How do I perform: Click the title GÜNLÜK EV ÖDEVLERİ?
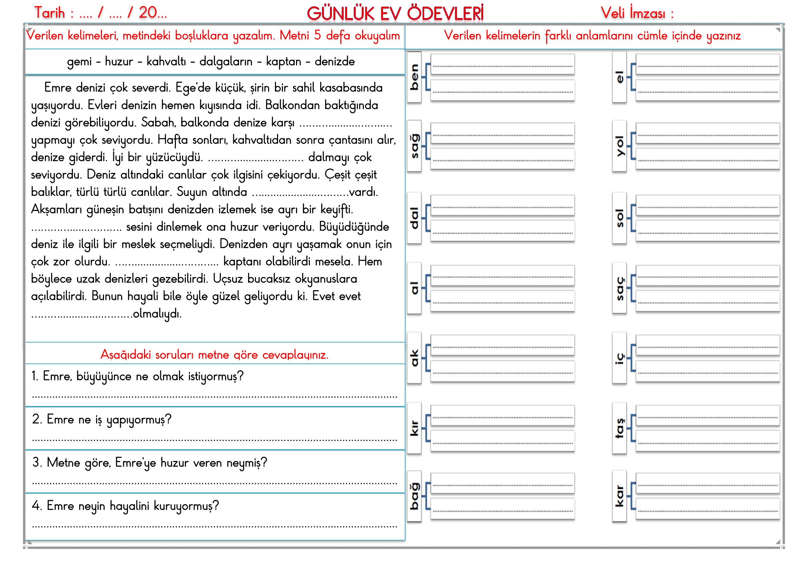[395, 14]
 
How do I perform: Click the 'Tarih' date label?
[50, 13]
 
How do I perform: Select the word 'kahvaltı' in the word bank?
[166, 62]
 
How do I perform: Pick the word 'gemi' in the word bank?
[79, 62]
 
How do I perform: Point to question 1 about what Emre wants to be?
[137, 376]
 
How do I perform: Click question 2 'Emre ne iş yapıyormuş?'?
[102, 419]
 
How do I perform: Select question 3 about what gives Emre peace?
[150, 462]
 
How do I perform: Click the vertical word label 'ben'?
[414, 77]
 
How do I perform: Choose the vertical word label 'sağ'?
[414, 146]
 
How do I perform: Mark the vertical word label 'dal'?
[414, 218]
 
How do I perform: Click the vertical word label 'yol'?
[619, 146]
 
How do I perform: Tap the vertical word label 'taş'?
[619, 427]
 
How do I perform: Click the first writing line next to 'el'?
[707, 64]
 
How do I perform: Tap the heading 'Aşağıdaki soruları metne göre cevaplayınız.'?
[214, 354]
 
